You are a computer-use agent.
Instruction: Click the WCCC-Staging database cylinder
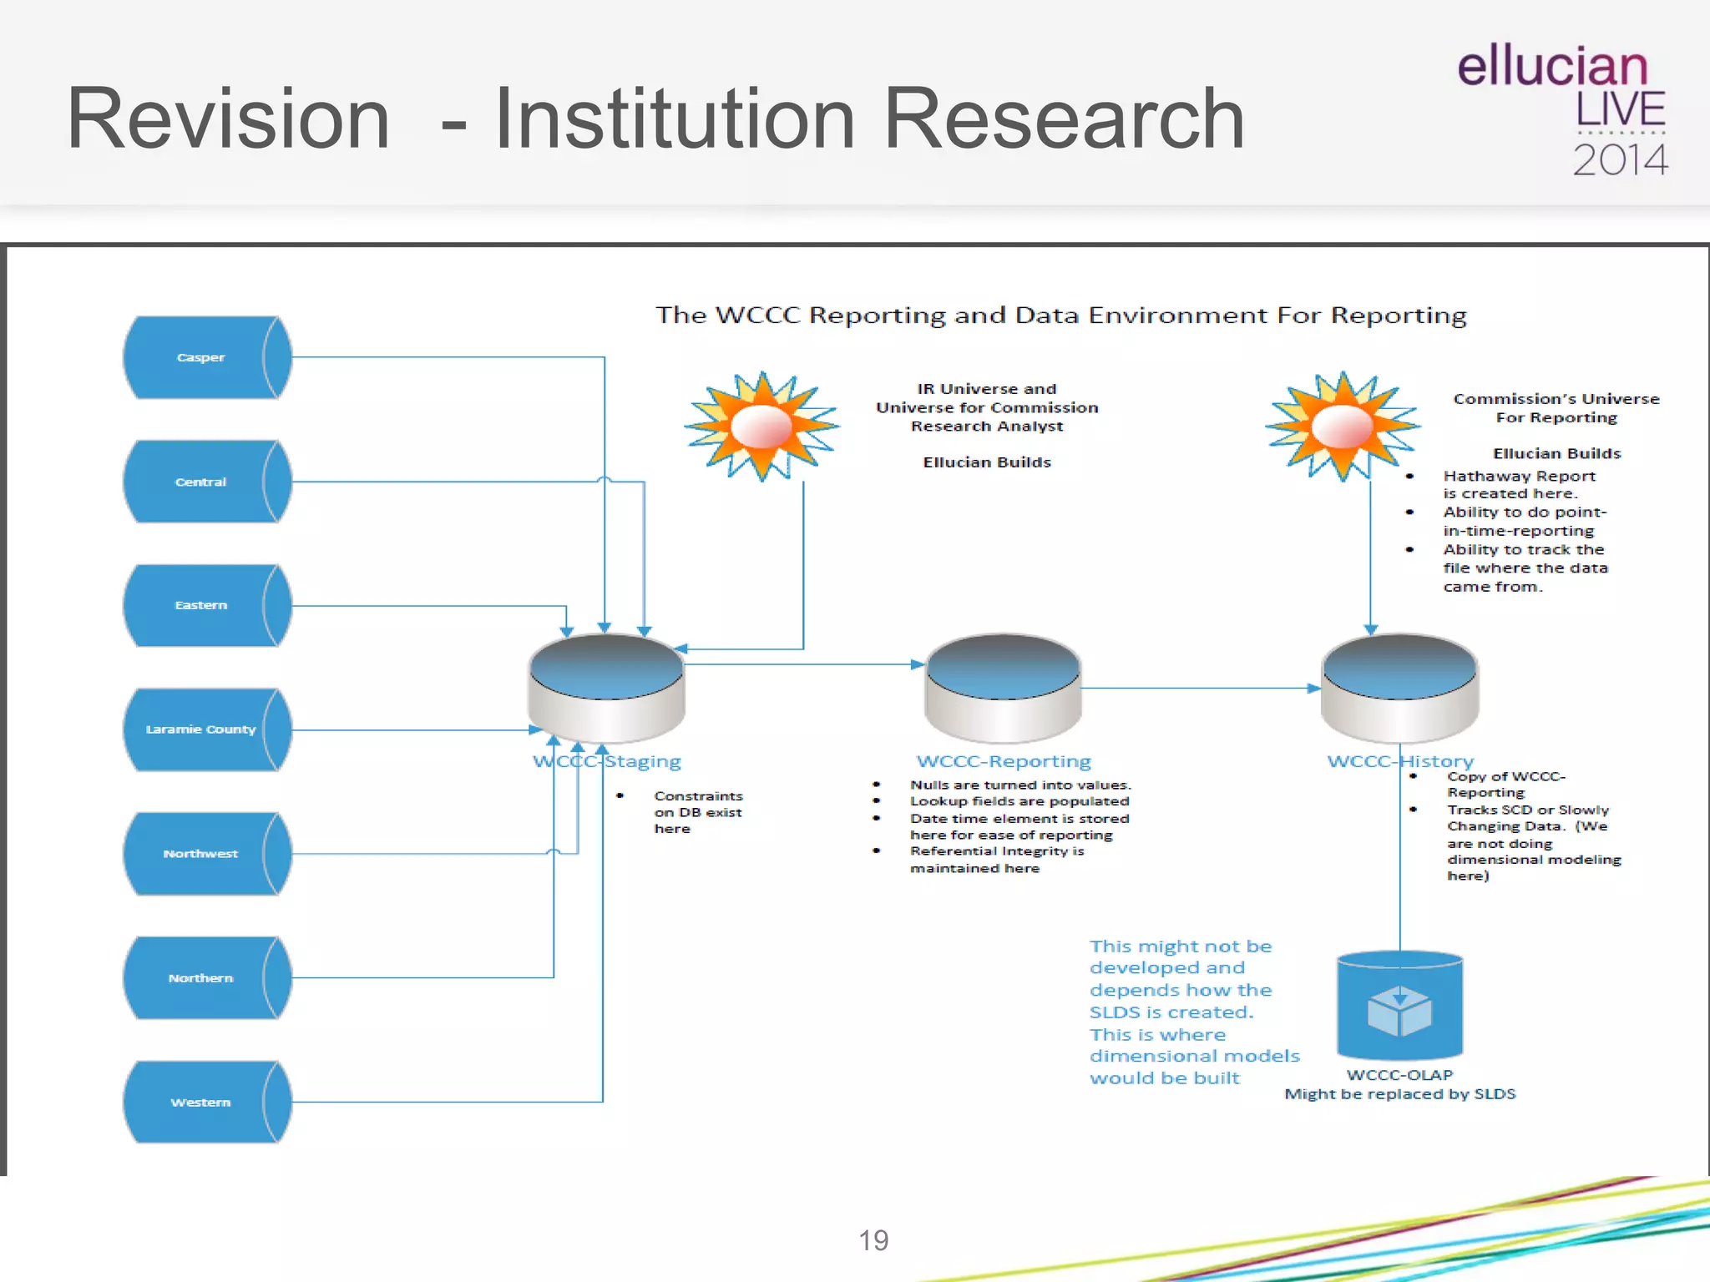pyautogui.click(x=606, y=688)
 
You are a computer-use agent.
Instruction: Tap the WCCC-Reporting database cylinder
pyautogui.click(x=1003, y=688)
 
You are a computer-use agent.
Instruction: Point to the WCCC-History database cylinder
pyautogui.click(x=1399, y=688)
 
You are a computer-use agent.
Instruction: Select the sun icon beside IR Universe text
pyautogui.click(x=761, y=426)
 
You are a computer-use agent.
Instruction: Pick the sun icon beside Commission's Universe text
pyautogui.click(x=1342, y=426)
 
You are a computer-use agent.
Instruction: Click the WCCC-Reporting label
pyautogui.click(x=1004, y=761)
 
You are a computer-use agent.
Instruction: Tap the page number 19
pyautogui.click(x=873, y=1240)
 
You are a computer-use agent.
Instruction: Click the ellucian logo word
pyautogui.click(x=1552, y=67)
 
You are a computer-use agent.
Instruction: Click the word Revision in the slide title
pyautogui.click(x=228, y=119)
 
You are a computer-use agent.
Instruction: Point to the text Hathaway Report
pyautogui.click(x=1519, y=476)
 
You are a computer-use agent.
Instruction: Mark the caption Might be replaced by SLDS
pyautogui.click(x=1399, y=1094)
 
